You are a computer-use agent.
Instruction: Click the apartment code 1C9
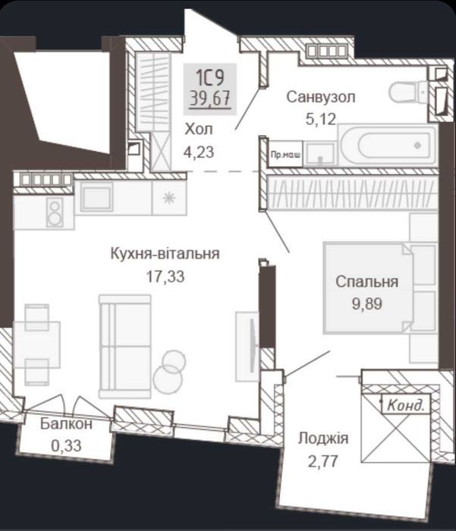(210, 77)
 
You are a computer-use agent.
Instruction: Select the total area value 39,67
(210, 99)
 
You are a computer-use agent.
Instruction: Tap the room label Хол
(199, 129)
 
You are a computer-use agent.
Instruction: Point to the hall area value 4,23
(199, 152)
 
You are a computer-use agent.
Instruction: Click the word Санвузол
(321, 97)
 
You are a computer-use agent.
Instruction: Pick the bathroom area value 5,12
(320, 119)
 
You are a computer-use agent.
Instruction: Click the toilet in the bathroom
(408, 92)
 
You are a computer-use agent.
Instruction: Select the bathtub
(387, 146)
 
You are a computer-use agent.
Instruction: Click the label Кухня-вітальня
(165, 253)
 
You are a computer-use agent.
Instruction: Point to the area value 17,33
(165, 276)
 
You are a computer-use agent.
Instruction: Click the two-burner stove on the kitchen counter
(54, 212)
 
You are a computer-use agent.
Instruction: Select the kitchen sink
(96, 196)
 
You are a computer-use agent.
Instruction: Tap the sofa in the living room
(125, 346)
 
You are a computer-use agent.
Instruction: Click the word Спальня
(367, 281)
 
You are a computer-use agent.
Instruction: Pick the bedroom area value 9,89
(367, 303)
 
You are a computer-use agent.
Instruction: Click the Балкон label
(66, 424)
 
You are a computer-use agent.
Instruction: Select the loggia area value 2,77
(323, 461)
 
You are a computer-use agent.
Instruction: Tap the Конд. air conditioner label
(406, 404)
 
